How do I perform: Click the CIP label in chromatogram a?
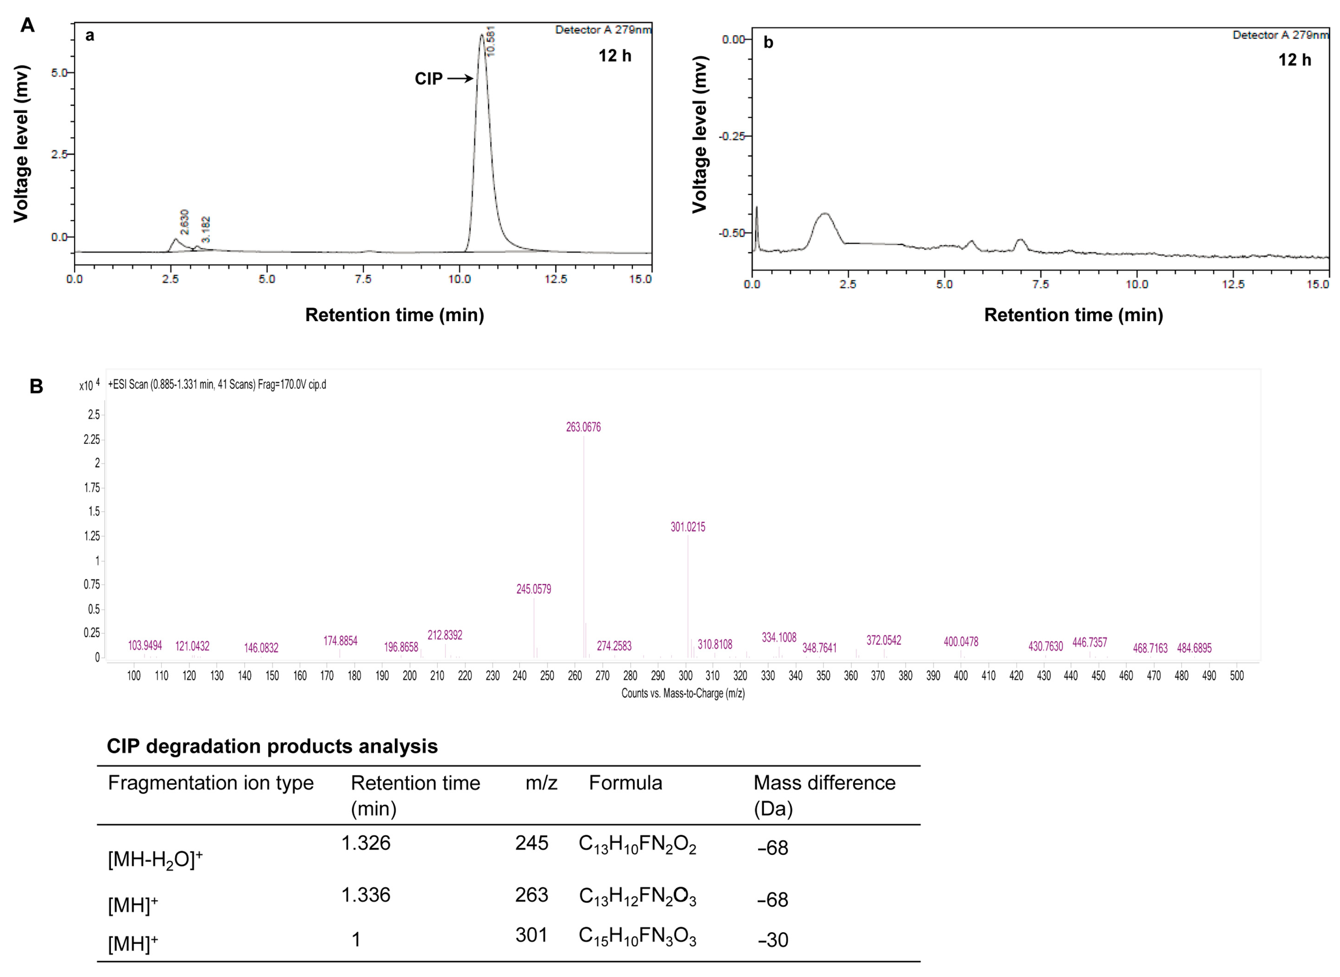click(x=428, y=79)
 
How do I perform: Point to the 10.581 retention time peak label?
click(x=490, y=41)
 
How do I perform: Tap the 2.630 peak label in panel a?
click(x=185, y=222)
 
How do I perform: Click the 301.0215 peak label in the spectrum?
click(x=688, y=527)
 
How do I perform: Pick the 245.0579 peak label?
click(x=533, y=589)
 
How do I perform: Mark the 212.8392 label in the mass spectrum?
click(x=445, y=635)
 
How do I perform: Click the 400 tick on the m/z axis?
click(x=960, y=676)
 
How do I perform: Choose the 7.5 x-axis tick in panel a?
click(x=363, y=279)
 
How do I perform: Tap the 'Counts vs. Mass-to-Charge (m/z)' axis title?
click(x=683, y=693)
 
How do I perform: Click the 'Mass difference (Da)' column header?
click(x=824, y=795)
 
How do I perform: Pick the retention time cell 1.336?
click(x=366, y=895)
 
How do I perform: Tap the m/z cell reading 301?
click(x=531, y=935)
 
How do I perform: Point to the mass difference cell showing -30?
click(x=772, y=940)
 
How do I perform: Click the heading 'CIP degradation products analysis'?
click(x=272, y=747)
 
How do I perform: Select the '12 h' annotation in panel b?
click(x=1294, y=60)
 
